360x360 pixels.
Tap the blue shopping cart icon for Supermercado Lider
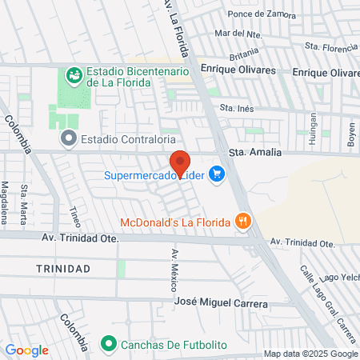(x=216, y=173)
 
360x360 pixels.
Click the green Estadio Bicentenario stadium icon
(x=74, y=75)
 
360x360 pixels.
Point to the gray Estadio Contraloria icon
(x=68, y=138)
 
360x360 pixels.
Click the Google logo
(x=26, y=350)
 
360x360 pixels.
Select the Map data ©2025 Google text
(x=311, y=354)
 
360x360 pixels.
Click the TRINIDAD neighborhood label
(x=63, y=268)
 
